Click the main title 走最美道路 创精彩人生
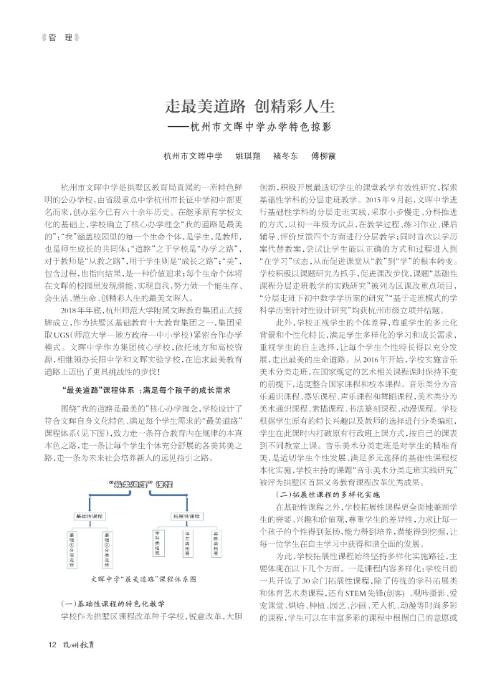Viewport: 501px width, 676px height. point(250,107)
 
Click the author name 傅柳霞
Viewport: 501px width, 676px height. point(323,156)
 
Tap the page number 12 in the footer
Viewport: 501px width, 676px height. point(52,643)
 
